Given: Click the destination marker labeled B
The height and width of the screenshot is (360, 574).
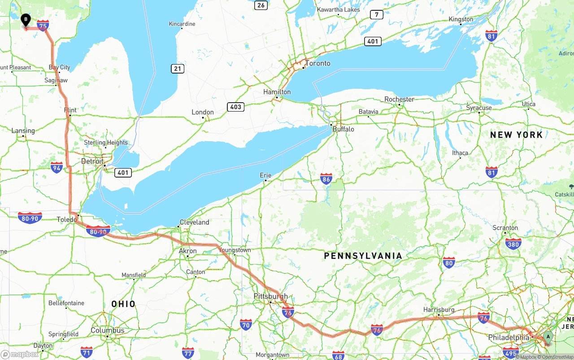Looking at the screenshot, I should (26, 20).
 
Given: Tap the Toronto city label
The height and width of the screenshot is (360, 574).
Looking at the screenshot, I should (317, 63).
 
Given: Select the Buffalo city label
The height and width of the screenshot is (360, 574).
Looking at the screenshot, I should (343, 129).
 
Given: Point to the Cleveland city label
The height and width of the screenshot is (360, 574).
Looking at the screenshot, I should (194, 222).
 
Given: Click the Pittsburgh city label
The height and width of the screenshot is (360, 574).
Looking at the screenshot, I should (270, 296).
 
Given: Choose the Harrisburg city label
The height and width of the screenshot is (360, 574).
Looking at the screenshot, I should (439, 310).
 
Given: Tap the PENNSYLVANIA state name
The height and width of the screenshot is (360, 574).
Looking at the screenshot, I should (363, 256).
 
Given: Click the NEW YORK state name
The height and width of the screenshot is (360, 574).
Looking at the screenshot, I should (516, 135).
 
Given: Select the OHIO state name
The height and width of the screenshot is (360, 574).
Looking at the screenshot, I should (123, 304).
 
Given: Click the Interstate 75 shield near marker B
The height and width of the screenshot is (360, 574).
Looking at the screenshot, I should (43, 26).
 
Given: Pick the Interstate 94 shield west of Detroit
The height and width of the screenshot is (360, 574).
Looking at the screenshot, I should (57, 168).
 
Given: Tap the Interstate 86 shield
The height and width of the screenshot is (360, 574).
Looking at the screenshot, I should (326, 179).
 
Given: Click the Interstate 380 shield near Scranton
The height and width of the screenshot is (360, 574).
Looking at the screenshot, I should (513, 244).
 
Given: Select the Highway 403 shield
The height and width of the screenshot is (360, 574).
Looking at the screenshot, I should (235, 107).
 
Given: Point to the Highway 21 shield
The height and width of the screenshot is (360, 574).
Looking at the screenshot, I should (178, 69).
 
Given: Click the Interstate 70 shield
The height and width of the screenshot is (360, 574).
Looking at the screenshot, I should (246, 325).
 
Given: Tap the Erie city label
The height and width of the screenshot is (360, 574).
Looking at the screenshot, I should (265, 175).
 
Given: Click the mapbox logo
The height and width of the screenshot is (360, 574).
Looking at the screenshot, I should (20, 354).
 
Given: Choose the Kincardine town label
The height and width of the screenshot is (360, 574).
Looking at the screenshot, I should (182, 24).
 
